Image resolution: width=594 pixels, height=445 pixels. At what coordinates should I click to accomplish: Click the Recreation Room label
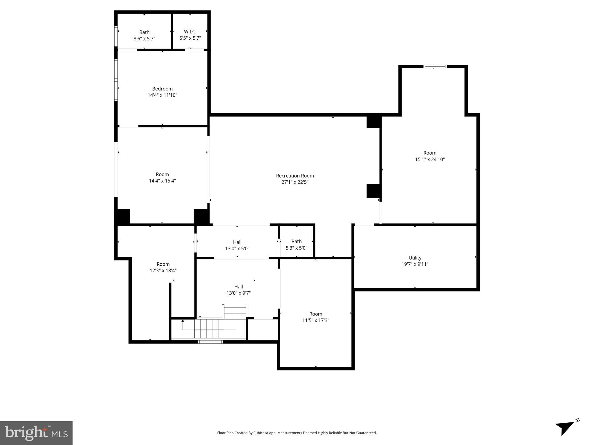pos(295,176)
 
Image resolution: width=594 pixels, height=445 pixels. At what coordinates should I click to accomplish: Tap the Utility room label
pos(415,258)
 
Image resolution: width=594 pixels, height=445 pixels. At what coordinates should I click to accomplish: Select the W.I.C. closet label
pos(190,32)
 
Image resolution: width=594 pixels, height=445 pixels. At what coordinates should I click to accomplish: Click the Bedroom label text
pos(162,89)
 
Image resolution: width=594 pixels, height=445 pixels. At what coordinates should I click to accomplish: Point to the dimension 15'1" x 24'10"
pos(430,159)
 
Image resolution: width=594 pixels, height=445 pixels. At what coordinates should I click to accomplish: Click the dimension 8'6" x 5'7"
pos(144,39)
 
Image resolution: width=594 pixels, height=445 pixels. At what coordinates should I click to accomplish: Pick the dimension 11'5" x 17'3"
pos(315,320)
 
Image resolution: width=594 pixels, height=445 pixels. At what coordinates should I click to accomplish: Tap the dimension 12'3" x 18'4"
pos(163,271)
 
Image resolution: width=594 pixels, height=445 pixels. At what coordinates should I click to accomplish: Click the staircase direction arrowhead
pos(183,320)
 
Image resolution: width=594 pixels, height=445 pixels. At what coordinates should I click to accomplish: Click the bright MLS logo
pos(36,433)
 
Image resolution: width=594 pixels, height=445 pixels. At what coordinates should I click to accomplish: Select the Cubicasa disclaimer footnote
pos(297,433)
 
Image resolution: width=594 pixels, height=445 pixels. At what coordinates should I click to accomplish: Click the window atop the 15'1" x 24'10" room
pos(435,67)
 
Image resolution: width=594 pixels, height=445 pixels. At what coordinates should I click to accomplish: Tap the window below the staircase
pos(210,342)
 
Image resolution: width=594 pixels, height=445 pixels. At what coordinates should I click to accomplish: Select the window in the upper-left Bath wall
pos(116,36)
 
